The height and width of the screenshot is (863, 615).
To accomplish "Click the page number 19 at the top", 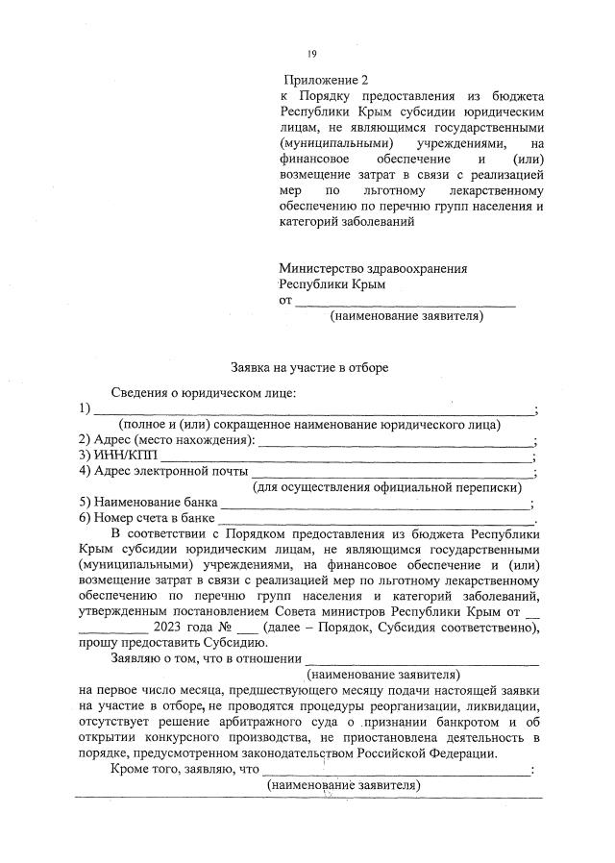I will click(311, 54).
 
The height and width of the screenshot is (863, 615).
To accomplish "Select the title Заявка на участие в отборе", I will click(309, 367).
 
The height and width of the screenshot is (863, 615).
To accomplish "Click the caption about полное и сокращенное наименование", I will click(308, 425).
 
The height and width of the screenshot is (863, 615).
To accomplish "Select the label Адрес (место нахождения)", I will click(167, 440).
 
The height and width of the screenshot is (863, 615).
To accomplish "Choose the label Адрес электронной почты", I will click(163, 471).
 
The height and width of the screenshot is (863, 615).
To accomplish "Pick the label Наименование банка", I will click(149, 503).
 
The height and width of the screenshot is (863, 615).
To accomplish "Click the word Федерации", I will click(464, 752).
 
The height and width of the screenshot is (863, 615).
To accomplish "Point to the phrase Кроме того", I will click(146, 769).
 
